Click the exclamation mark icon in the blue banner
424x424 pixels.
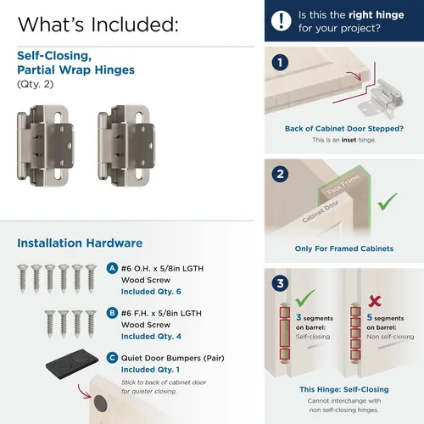pyautogui.click(x=281, y=20)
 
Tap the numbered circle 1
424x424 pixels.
pyautogui.click(x=280, y=63)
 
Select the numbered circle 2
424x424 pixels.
pyautogui.click(x=280, y=174)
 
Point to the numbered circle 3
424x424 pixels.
pyautogui.click(x=280, y=283)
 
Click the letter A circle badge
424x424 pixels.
pyautogui.click(x=112, y=268)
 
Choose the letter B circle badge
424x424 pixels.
pyautogui.click(x=112, y=313)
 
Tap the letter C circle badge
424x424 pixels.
pyautogui.click(x=112, y=358)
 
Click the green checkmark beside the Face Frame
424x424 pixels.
pyautogui.click(x=388, y=202)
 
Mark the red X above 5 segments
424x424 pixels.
pyautogui.click(x=375, y=301)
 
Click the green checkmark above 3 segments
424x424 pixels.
pyautogui.click(x=305, y=298)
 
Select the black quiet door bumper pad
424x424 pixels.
pyautogui.click(x=72, y=365)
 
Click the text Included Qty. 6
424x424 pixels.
pyautogui.click(x=151, y=292)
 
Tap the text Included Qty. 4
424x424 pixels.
pyautogui.click(x=151, y=337)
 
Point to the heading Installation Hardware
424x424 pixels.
pyautogui.click(x=80, y=243)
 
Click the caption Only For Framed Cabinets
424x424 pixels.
pyautogui.click(x=344, y=248)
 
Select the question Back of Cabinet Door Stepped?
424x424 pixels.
pyautogui.click(x=344, y=129)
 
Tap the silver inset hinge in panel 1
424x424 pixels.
pyautogui.click(x=380, y=99)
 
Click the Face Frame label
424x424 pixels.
pyautogui.click(x=343, y=184)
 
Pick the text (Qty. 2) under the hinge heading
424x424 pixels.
pyautogui.click(x=36, y=84)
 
